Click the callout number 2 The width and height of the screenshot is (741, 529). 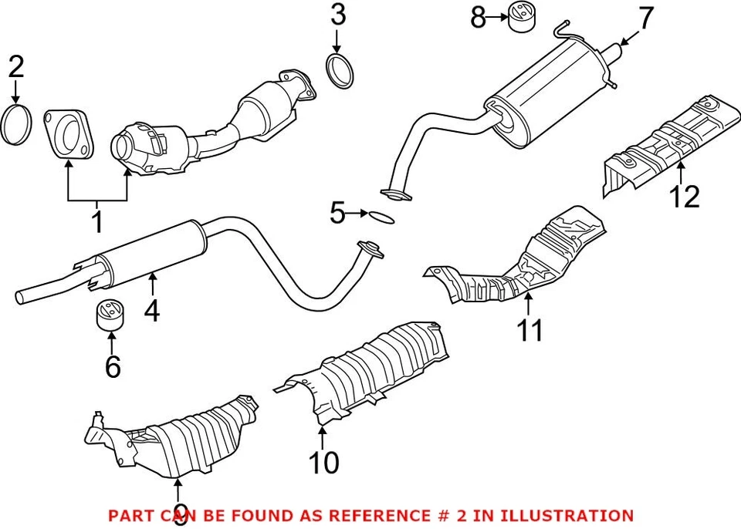[16, 67]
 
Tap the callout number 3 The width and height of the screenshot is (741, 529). [338, 14]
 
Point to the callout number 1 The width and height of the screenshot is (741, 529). [97, 223]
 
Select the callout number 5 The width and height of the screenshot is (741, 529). [337, 213]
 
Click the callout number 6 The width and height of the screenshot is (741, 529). [113, 367]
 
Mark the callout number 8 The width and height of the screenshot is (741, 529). [479, 16]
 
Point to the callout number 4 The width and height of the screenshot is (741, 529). [152, 311]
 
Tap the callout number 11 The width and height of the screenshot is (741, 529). [530, 329]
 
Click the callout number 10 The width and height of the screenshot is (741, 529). [323, 463]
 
